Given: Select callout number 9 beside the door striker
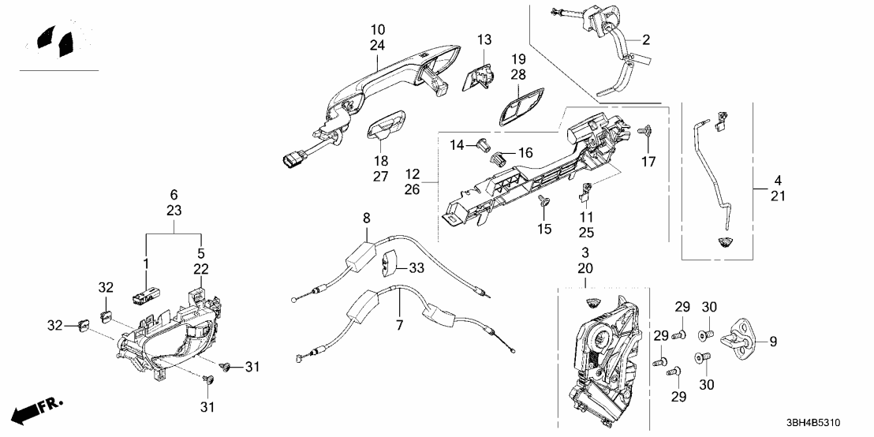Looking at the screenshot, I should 773,342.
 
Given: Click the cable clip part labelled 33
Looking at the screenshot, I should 390,264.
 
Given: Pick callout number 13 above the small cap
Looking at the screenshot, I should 484,39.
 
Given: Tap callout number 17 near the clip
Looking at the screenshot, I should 648,162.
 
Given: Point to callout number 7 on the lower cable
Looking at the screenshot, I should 399,325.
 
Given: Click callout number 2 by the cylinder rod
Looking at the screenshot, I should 646,39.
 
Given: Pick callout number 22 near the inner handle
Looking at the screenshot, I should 201,269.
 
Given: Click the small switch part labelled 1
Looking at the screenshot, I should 144,296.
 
